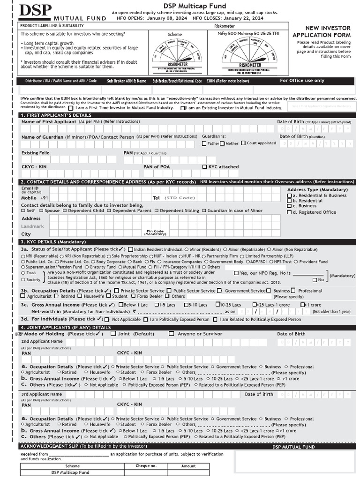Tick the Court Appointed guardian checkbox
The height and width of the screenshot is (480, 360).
pyautogui.click(x=243, y=143)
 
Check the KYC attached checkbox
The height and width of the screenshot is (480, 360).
pyautogui.click(x=205, y=167)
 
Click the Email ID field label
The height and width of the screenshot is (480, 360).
pyautogui.click(x=30, y=188)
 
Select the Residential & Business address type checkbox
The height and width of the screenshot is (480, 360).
pyautogui.click(x=289, y=195)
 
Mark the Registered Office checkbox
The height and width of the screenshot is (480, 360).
pyautogui.click(x=289, y=212)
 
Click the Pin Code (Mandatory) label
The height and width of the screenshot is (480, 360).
pyautogui.click(x=155, y=232)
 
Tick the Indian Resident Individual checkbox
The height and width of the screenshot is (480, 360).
pyautogui.click(x=130, y=249)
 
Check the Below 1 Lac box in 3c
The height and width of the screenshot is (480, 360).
pyautogui.click(x=121, y=305)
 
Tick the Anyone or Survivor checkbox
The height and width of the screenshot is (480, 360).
pyautogui.click(x=172, y=334)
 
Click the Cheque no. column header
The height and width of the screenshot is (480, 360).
pyautogui.click(x=146, y=466)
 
